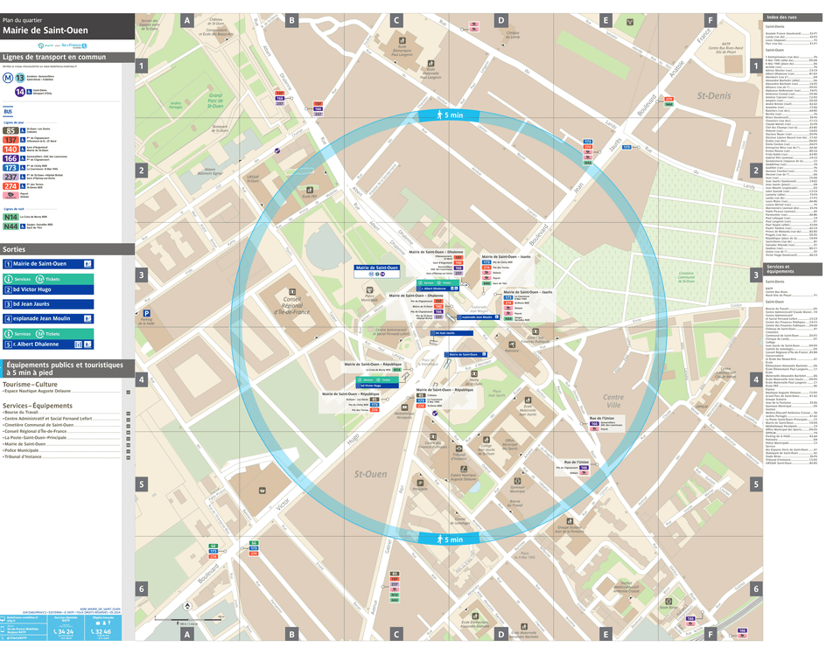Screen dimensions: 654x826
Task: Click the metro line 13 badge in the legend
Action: click(x=20, y=77)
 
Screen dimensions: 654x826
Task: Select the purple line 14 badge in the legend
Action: click(x=20, y=92)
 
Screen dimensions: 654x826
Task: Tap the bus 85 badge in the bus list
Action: click(x=10, y=130)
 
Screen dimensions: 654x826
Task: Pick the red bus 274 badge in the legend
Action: click(x=10, y=186)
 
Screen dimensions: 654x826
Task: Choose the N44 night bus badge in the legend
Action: click(x=10, y=226)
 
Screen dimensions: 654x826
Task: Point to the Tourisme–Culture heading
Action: click(x=31, y=384)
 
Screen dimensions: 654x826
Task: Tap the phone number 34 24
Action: click(x=63, y=630)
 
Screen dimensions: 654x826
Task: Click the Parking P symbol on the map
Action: click(x=147, y=313)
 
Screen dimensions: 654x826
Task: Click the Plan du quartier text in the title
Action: click(x=23, y=19)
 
